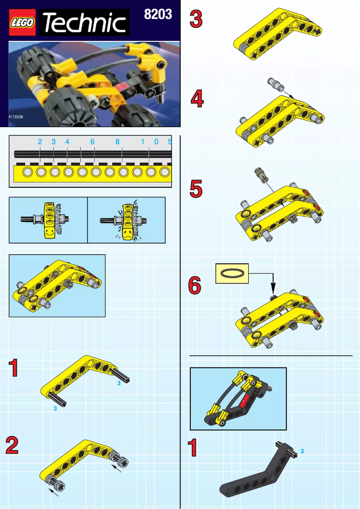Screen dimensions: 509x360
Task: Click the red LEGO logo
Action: tap(23, 23)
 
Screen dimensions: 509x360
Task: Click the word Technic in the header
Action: tap(85, 23)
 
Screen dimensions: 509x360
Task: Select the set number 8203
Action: tap(158, 14)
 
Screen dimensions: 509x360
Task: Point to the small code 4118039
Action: tap(16, 117)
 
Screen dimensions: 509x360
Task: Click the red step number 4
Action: tap(196, 99)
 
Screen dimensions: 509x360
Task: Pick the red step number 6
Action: tap(194, 285)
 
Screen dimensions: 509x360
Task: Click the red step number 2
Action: tap(12, 446)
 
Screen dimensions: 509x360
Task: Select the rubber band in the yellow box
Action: tap(232, 273)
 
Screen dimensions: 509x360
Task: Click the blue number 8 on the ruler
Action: tap(117, 142)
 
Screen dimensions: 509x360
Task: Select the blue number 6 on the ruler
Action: tap(92, 142)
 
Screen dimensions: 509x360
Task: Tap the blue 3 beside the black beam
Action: tap(302, 450)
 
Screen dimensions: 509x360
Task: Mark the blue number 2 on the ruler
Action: tap(40, 142)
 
